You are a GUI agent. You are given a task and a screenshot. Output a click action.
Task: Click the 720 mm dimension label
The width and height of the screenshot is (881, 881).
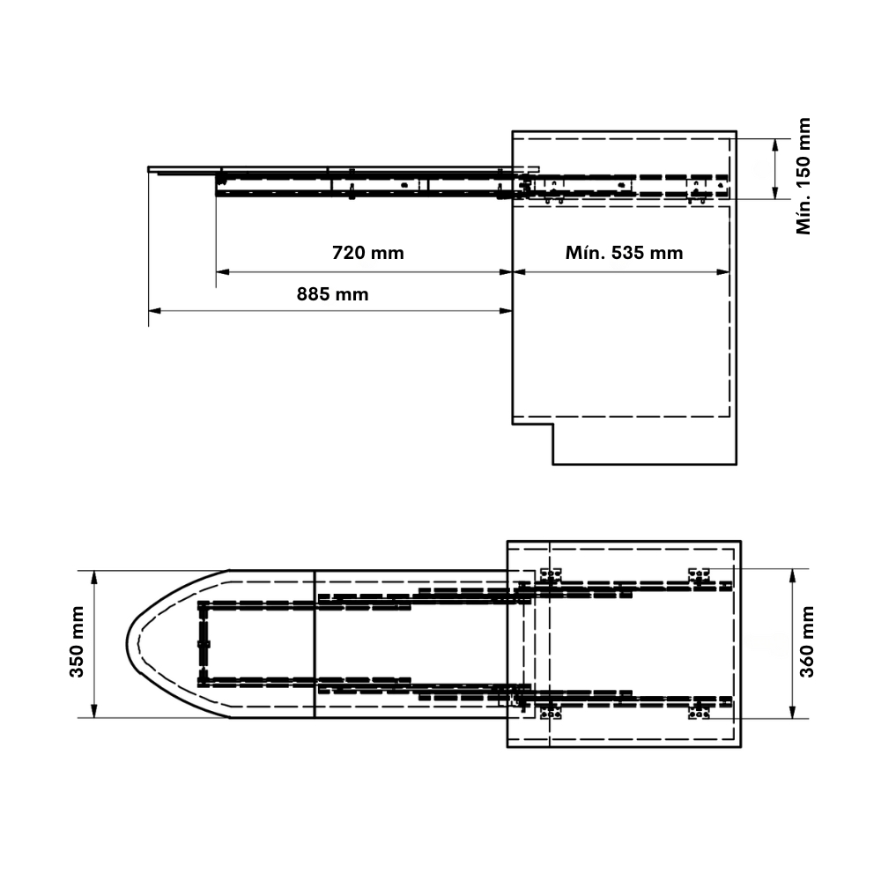coord(368,253)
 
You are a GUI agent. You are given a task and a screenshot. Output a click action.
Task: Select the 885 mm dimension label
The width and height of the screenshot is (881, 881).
coord(333,294)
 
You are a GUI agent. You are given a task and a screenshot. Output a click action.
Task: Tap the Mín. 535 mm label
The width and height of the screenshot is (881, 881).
coord(625,253)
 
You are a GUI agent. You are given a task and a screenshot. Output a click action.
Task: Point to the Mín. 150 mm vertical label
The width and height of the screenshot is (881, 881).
coord(803,176)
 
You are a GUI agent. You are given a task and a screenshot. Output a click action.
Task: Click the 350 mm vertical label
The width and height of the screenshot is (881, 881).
coord(77,641)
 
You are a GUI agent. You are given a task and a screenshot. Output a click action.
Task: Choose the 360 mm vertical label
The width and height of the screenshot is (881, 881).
coord(806,641)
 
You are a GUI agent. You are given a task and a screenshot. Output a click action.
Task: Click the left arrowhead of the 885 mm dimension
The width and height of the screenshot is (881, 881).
coord(155,310)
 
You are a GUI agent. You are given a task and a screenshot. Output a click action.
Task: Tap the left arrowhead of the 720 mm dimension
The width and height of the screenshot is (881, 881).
coord(223,272)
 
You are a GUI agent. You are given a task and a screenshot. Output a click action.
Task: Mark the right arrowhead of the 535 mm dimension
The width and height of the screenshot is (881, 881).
coord(723,272)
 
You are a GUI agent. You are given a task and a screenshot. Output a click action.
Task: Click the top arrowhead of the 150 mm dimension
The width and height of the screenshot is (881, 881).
coord(775,145)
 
